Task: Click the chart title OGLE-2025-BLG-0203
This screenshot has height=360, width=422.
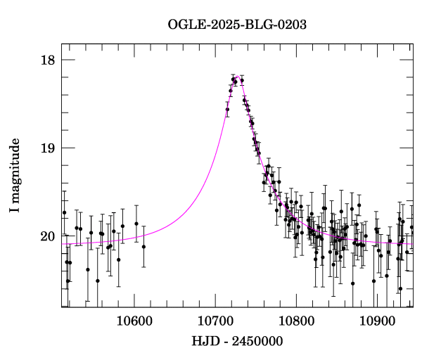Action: click(x=237, y=25)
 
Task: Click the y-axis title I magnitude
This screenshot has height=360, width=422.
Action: click(x=14, y=176)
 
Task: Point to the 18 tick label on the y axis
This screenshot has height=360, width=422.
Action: click(x=48, y=60)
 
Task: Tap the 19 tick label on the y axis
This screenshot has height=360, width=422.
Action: click(x=48, y=148)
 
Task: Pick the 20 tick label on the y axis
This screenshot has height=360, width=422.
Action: click(x=48, y=236)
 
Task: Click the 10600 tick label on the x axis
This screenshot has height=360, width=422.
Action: click(x=134, y=321)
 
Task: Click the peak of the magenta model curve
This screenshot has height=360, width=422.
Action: click(x=237, y=76)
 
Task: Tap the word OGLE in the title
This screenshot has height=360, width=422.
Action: click(x=185, y=25)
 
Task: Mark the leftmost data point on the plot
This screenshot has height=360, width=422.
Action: click(x=64, y=212)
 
